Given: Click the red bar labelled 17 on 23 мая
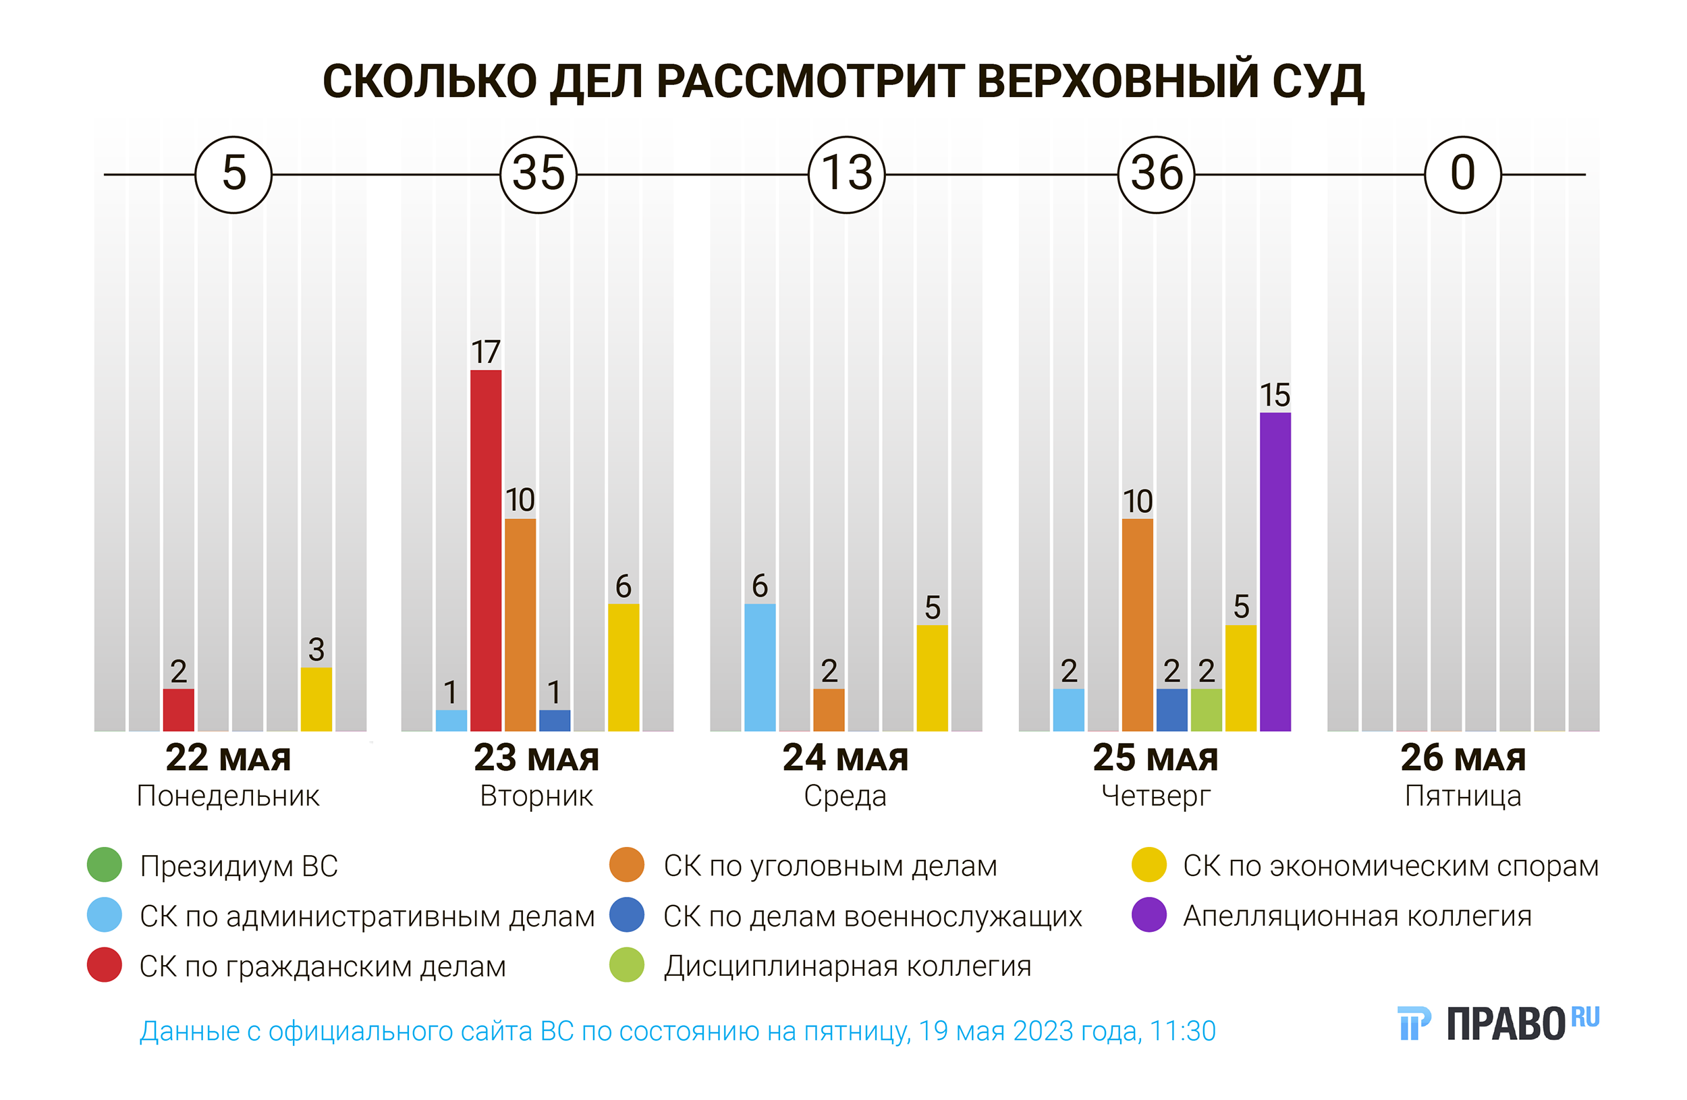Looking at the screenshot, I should [486, 550].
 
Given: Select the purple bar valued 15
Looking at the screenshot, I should [1275, 572].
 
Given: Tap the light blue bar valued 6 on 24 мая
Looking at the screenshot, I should [760, 667].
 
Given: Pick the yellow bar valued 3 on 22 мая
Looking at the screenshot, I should [316, 699].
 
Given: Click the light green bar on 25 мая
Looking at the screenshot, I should [1206, 709].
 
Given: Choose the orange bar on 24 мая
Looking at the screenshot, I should [829, 709].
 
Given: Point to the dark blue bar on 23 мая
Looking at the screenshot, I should [554, 720].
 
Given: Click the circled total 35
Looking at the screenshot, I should [538, 174].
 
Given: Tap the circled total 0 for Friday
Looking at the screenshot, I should [1462, 174].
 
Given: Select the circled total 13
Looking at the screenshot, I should [846, 174].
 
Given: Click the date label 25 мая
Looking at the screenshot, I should [1155, 758].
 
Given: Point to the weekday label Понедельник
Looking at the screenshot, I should [228, 796].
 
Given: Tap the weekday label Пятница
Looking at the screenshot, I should [1462, 796].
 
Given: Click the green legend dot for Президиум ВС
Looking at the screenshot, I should [104, 864].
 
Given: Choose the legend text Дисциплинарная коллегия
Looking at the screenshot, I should [847, 966].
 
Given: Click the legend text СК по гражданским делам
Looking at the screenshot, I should [323, 966].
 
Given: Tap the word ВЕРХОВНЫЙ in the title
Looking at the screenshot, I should [1118, 81].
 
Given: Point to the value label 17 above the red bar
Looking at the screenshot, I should [486, 352].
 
